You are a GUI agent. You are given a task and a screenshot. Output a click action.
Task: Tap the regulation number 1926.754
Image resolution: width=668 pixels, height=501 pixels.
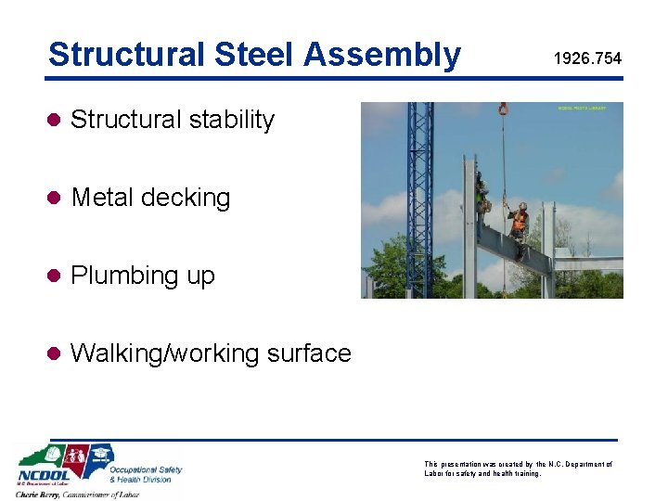587,59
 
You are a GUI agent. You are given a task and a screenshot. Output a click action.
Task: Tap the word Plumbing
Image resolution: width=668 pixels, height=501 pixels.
117,276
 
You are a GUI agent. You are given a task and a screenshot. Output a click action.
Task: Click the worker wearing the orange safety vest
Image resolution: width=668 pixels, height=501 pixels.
520,221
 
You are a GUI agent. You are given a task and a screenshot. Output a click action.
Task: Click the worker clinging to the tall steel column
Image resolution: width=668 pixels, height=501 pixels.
482,193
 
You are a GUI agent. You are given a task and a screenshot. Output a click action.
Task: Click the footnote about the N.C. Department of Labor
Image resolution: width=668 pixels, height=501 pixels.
517,469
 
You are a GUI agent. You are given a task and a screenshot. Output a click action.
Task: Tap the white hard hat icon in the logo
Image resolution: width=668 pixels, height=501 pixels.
55,455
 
